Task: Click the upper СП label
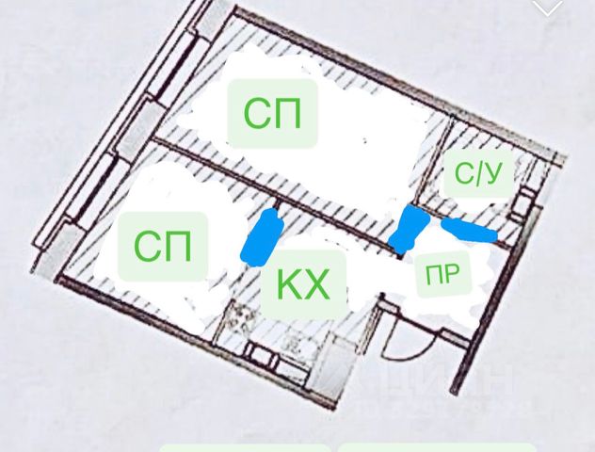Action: pos(273,114)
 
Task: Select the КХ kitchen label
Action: pos(304,283)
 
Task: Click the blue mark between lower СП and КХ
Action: pos(263,235)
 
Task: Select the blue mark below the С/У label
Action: pos(469,229)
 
